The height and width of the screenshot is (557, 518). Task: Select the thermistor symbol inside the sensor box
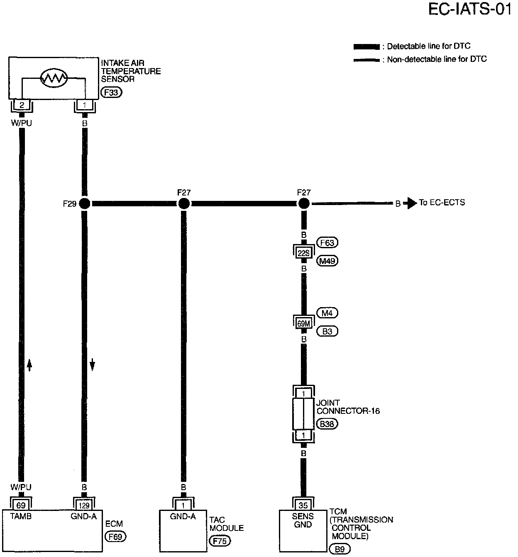coord(54,78)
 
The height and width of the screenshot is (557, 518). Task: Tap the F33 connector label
coord(111,92)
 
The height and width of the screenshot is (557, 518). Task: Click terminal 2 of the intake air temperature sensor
coord(22,105)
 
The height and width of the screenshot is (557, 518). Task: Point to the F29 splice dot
coord(84,203)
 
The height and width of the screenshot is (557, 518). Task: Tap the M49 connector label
coord(327,261)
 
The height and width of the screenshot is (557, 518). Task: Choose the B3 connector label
coord(327,331)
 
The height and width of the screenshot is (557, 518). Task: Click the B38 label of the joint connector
coord(327,424)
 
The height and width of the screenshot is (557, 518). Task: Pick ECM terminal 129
coord(84,505)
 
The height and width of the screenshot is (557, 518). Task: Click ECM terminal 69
coord(21,505)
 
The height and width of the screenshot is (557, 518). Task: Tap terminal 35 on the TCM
coord(304,505)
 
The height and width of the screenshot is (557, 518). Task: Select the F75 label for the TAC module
coord(220,541)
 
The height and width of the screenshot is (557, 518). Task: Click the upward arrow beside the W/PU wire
coord(29,365)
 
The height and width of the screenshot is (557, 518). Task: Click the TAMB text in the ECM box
coord(21,516)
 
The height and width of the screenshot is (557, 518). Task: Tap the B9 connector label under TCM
coord(340,549)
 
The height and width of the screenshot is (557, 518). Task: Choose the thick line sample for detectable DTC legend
coord(366,46)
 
